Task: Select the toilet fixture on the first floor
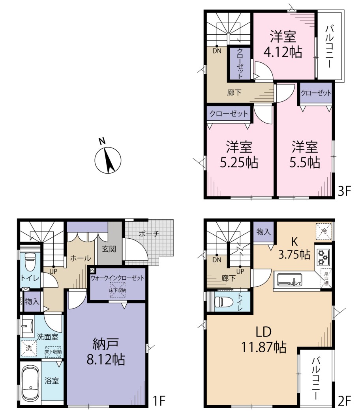click(30, 262)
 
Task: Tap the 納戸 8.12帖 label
click(106, 352)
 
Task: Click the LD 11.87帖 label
click(264, 340)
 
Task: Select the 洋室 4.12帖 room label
click(283, 44)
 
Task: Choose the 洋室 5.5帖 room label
click(305, 155)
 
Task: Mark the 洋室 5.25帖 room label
click(239, 155)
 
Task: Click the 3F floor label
click(344, 191)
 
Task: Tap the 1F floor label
click(159, 400)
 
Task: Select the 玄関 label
click(109, 249)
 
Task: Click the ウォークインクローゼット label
click(117, 278)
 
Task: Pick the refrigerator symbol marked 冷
click(323, 231)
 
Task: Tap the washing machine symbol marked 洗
click(29, 348)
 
